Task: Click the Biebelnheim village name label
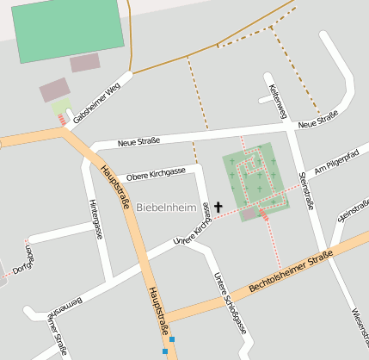point(166,208)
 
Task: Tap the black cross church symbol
point(218,208)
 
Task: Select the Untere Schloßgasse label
point(230,301)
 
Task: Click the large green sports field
point(71,28)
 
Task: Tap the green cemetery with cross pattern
point(255,177)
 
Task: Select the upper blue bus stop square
point(172,339)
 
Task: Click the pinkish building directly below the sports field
point(85,62)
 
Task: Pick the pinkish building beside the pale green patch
point(54,90)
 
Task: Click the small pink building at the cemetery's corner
point(249,213)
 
